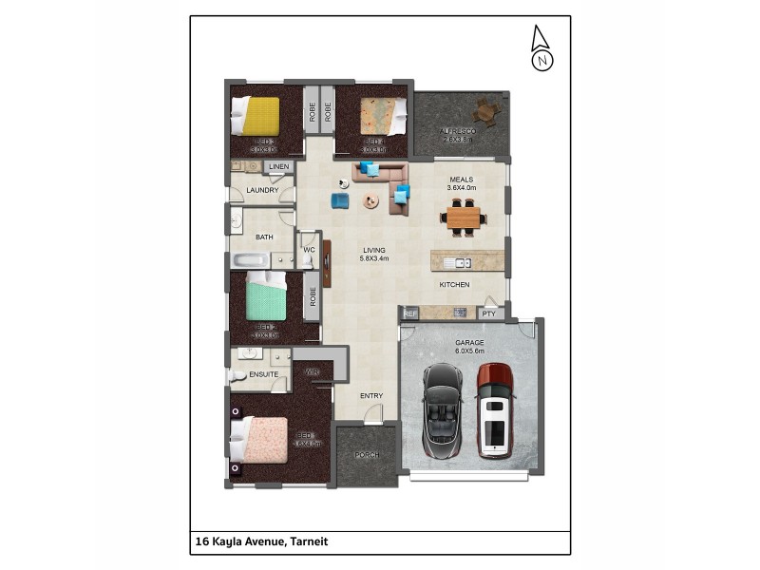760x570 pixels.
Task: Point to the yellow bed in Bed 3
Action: tap(260, 116)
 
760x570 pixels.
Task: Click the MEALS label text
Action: tap(461, 179)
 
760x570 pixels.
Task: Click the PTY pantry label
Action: tap(488, 313)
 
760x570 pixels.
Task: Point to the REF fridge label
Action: tap(410, 313)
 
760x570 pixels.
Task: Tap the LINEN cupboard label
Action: tap(277, 168)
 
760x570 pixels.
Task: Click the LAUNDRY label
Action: tap(261, 190)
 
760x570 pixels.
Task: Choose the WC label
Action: tap(309, 250)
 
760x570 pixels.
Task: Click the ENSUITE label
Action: tap(263, 374)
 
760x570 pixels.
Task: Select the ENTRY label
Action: tap(371, 396)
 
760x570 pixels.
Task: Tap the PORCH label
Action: tap(368, 455)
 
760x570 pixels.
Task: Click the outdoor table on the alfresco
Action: tap(486, 112)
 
